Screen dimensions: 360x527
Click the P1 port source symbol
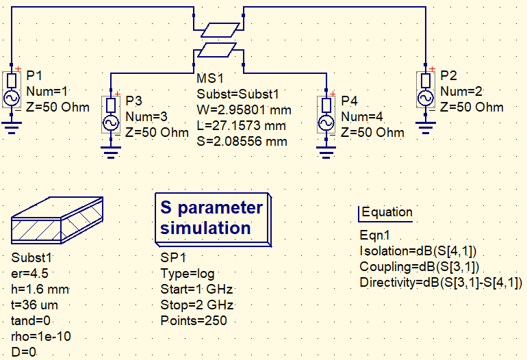13,90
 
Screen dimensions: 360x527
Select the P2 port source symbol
426,90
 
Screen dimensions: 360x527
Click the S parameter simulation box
211,218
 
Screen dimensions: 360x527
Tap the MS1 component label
210,79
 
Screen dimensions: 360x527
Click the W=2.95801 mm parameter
244,110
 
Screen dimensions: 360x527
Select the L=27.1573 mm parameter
242,126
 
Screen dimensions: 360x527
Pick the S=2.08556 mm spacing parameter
242,142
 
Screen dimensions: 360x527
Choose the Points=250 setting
193,320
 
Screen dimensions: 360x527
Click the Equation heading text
387,212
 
